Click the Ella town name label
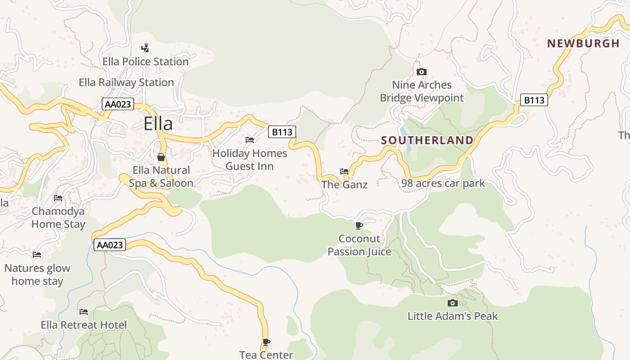(x=158, y=123)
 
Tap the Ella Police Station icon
(x=145, y=48)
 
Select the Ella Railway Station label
(x=126, y=82)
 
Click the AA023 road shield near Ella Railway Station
(x=118, y=104)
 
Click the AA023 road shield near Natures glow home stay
(x=110, y=245)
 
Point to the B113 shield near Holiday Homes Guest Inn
(x=283, y=132)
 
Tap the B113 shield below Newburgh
(x=534, y=100)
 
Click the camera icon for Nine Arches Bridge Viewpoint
(x=422, y=72)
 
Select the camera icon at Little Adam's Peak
(x=453, y=303)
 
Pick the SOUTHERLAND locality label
(x=427, y=140)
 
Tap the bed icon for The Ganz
(x=344, y=171)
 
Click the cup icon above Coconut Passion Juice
(x=359, y=225)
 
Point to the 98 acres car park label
(x=443, y=183)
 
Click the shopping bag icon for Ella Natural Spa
(x=161, y=157)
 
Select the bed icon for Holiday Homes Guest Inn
(x=250, y=140)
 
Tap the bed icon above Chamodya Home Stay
(x=58, y=198)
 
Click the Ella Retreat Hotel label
(x=84, y=325)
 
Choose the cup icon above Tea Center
(x=266, y=342)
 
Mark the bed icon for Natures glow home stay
(x=37, y=255)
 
